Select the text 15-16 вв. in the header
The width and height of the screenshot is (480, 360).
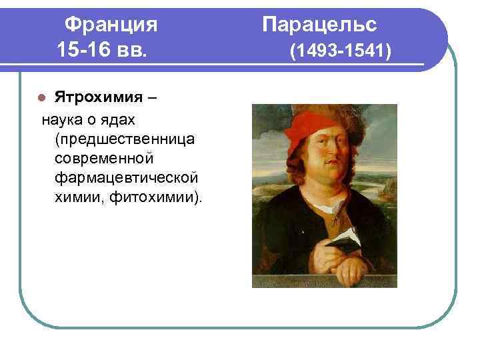click(101, 49)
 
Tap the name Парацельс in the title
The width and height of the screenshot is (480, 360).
click(319, 25)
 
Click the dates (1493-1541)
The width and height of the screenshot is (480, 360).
click(339, 50)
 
